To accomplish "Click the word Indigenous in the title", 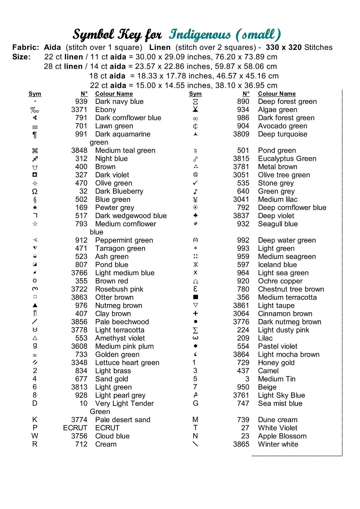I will coord(200,35).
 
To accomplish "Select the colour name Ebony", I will coord(106,110).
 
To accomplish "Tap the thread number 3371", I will coord(79,110).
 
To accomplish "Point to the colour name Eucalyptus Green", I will coord(287,158).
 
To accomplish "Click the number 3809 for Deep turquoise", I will coord(241,134).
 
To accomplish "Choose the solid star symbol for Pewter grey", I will coord(35,207).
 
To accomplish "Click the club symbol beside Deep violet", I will coord(195,215).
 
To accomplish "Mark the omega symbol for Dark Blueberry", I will coord(35,191).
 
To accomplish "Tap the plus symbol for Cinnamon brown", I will coord(195,314).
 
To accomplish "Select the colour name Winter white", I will coord(278,444).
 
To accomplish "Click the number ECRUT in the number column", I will coord(75,428).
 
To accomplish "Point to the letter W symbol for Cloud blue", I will coord(35,436).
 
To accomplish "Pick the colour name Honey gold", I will coord(276,363).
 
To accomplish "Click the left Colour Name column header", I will coord(114,94).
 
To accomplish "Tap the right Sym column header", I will coord(195,94).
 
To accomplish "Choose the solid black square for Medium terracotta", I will coord(195,297).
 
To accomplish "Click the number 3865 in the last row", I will coord(241,444).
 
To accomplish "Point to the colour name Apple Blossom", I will coord(282,436).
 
